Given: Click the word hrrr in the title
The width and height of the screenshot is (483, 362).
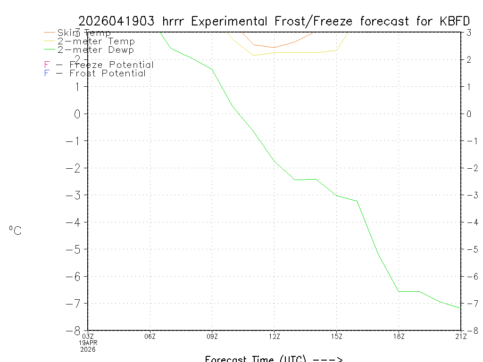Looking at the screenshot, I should [x=175, y=21].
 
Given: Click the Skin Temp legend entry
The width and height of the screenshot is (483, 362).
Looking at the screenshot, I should [x=84, y=33].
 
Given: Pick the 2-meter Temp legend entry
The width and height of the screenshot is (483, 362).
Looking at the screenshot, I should [x=96, y=41].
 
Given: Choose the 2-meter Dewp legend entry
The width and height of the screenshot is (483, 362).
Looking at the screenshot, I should [x=95, y=50].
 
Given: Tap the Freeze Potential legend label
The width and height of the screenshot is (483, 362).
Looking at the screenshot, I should [x=111, y=65].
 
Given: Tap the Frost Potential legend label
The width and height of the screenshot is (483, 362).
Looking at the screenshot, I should [x=108, y=74].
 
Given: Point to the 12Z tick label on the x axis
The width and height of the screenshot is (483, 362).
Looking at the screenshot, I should [x=275, y=336].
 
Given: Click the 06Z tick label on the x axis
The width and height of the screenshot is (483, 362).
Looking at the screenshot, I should [x=150, y=336].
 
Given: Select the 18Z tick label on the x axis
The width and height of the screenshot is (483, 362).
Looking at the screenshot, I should [x=399, y=336].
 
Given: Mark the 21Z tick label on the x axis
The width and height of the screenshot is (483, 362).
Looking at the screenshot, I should [x=461, y=336].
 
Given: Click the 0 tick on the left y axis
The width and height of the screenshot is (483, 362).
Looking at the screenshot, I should [x=78, y=114].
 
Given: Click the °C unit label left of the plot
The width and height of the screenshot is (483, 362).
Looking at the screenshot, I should [x=15, y=231].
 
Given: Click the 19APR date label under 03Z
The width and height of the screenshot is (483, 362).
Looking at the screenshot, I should [x=88, y=343].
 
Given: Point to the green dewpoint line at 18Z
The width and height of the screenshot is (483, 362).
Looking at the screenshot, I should [x=399, y=291].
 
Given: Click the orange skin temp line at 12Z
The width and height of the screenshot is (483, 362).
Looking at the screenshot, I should [x=275, y=48].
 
